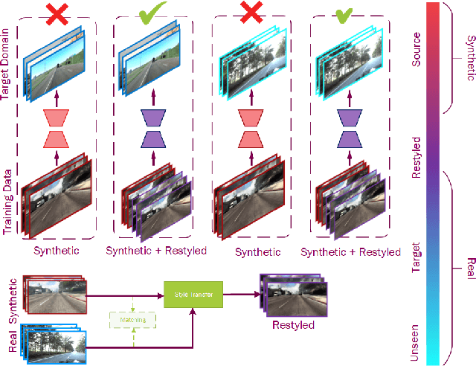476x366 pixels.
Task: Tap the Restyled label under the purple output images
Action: click(x=293, y=325)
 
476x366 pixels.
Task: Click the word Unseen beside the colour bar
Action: click(x=416, y=341)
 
